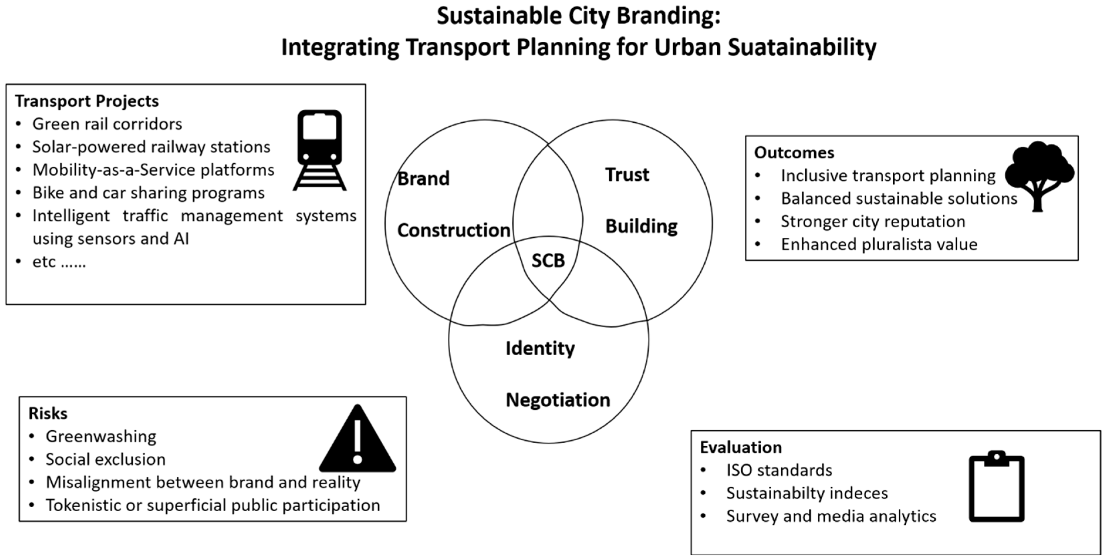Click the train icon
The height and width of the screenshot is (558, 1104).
pyautogui.click(x=320, y=150)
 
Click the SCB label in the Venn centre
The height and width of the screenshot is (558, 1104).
pyautogui.click(x=548, y=261)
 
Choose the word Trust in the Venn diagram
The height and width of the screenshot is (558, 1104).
pyautogui.click(x=627, y=175)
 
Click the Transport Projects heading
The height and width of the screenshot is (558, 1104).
pyautogui.click(x=87, y=102)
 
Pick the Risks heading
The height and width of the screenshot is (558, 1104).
pyautogui.click(x=48, y=414)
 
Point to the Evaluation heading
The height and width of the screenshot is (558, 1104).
pyautogui.click(x=740, y=447)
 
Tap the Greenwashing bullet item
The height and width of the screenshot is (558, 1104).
pyautogui.click(x=101, y=436)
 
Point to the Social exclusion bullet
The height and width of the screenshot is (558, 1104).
pyautogui.click(x=105, y=459)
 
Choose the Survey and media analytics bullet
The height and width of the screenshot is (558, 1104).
pyautogui.click(x=831, y=516)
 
